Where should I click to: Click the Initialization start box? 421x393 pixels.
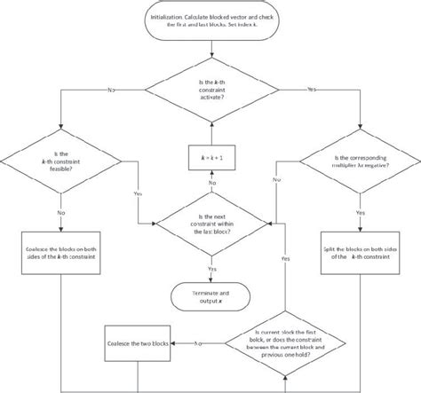coord(211,21)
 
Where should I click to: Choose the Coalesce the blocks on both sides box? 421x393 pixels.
coord(60,253)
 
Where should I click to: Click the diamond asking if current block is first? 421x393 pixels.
coord(285,342)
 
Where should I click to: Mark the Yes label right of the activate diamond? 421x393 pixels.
coord(311,90)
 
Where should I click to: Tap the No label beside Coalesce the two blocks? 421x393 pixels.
coord(197,342)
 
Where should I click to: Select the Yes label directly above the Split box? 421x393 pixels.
coord(361,213)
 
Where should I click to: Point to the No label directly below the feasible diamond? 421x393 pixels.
coord(60,213)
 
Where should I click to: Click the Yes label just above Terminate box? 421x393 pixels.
coord(211,267)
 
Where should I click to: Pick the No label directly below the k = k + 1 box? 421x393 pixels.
coord(211,182)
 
